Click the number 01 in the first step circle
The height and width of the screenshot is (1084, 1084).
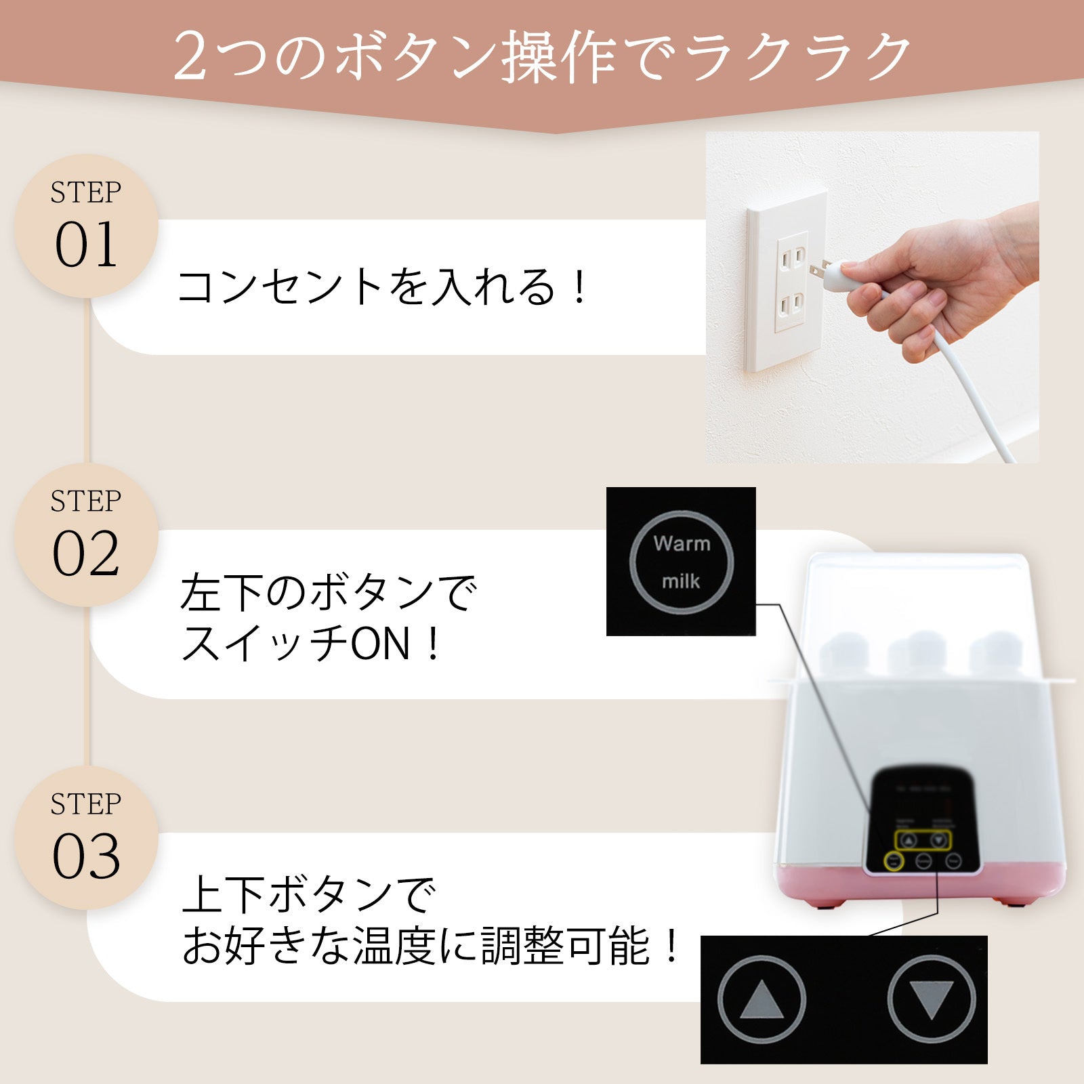pyautogui.click(x=86, y=245)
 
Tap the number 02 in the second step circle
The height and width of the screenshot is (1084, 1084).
pyautogui.click(x=86, y=554)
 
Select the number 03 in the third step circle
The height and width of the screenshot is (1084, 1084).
pyautogui.click(x=86, y=857)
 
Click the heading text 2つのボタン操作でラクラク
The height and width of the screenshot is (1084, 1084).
pyautogui.click(x=542, y=57)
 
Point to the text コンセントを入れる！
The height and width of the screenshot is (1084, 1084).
pyautogui.click(x=383, y=287)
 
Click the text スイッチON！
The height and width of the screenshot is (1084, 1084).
pyautogui.click(x=312, y=644)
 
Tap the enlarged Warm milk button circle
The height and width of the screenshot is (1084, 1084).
pyautogui.click(x=682, y=562)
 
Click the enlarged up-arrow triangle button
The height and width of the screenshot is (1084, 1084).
pyautogui.click(x=762, y=1000)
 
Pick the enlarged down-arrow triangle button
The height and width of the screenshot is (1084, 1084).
pyautogui.click(x=931, y=1000)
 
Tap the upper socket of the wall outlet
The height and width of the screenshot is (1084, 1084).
pyautogui.click(x=791, y=258)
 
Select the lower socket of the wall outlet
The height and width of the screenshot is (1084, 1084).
pyautogui.click(x=791, y=305)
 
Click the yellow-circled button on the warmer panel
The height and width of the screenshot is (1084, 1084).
pyautogui.click(x=894, y=862)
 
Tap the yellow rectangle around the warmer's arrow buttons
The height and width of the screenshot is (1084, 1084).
pyautogui.click(x=923, y=841)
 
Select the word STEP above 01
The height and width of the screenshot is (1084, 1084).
pyautogui.click(x=86, y=193)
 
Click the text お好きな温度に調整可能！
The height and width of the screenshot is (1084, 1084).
pyautogui.click(x=431, y=946)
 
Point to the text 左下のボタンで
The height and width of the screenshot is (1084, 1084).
pyautogui.click(x=329, y=593)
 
